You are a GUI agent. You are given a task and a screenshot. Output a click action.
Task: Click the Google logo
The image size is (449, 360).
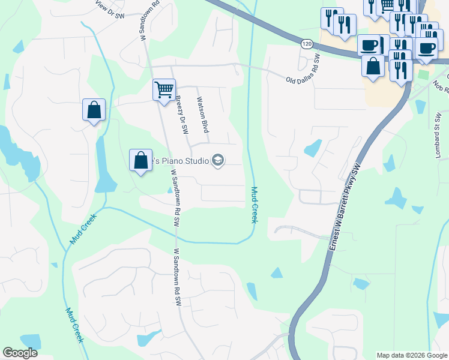pyautogui.click(x=20, y=353)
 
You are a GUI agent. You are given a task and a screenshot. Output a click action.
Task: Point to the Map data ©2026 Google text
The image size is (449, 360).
pyautogui.click(x=412, y=355)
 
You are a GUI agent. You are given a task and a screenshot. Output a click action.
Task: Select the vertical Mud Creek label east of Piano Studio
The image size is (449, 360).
pyautogui.click(x=254, y=205)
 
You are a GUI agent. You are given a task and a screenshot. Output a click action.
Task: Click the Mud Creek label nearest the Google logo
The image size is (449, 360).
pyautogui.click(x=75, y=325)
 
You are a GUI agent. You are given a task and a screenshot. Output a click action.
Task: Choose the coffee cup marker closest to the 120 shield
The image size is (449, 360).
pyautogui.click(x=369, y=45)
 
